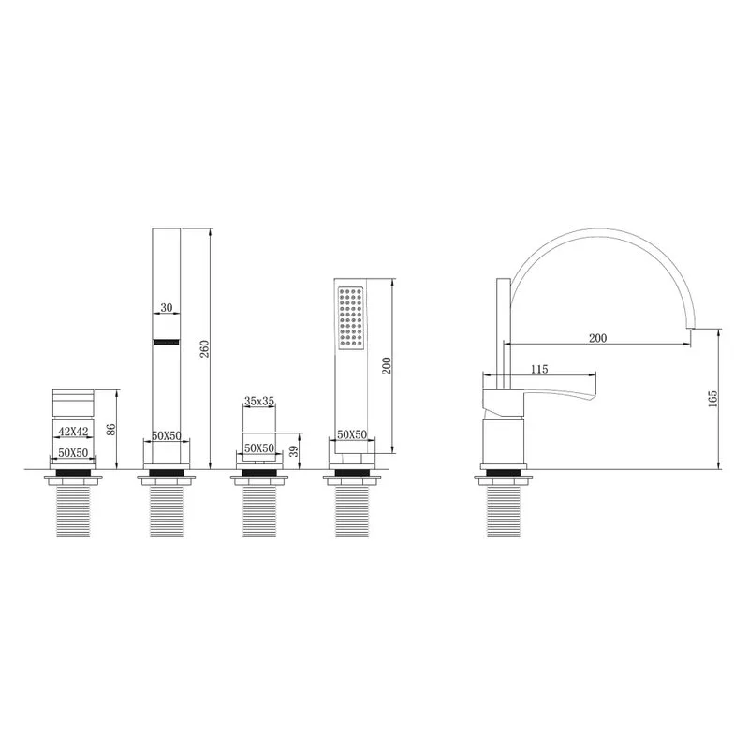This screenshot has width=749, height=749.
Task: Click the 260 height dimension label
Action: click(x=204, y=348)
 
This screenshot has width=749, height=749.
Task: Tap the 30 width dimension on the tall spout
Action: click(x=167, y=308)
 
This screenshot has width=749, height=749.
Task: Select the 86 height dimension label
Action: click(x=111, y=429)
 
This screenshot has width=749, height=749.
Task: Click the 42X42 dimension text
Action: click(x=73, y=432)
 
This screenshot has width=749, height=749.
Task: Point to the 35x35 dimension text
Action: click(x=259, y=401)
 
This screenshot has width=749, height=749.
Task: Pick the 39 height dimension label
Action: click(x=294, y=451)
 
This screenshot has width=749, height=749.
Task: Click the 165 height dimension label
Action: click(x=712, y=399)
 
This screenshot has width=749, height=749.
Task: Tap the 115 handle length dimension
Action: click(x=539, y=369)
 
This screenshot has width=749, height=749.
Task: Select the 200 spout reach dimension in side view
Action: click(x=597, y=338)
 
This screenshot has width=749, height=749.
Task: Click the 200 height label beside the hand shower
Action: click(x=387, y=365)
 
